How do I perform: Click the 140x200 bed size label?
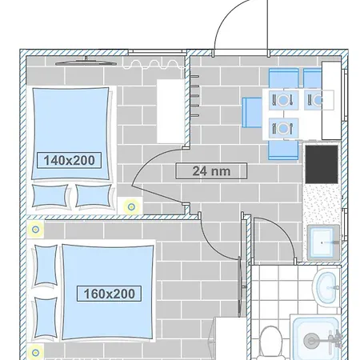69,160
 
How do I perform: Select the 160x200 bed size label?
110,294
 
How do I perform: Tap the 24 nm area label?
211,170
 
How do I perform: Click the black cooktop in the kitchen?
323,164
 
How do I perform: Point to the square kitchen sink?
325,241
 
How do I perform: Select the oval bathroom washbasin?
326,288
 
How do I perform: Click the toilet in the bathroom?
270,342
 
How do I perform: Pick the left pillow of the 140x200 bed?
50,194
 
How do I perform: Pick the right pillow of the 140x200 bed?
93,194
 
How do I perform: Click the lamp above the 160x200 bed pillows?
36,230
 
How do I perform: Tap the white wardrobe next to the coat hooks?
170,110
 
